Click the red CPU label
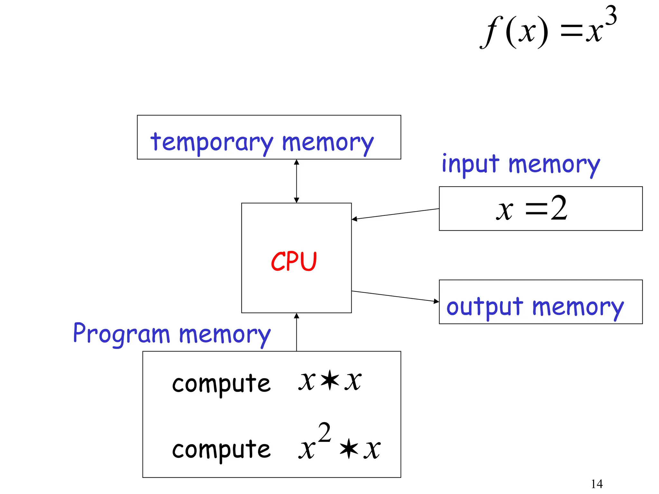[x=294, y=261]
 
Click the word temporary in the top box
[x=212, y=142]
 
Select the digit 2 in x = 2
[x=559, y=208]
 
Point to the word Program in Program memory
[x=121, y=334]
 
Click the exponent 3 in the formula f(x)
[x=610, y=16]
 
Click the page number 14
[x=597, y=484]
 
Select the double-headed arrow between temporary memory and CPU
[x=296, y=181]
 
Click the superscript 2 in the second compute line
[x=324, y=433]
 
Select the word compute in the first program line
[x=221, y=384]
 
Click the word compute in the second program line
[x=221, y=450]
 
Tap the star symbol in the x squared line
[x=349, y=450]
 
